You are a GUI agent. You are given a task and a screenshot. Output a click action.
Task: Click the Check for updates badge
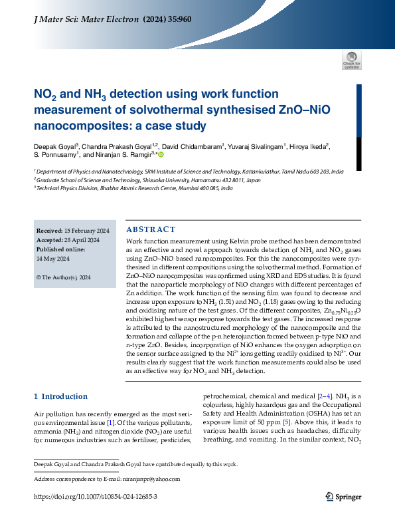(351, 60)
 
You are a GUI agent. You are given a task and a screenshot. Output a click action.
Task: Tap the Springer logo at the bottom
(343, 496)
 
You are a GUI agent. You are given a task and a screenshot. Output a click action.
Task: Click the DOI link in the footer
(96, 497)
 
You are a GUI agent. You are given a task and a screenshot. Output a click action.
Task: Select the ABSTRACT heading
(151, 229)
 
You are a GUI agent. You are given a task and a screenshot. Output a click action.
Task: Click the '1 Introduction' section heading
(60, 397)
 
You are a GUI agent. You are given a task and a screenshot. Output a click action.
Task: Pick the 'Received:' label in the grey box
(50, 231)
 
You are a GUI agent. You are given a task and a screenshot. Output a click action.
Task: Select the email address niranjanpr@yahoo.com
(151, 478)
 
